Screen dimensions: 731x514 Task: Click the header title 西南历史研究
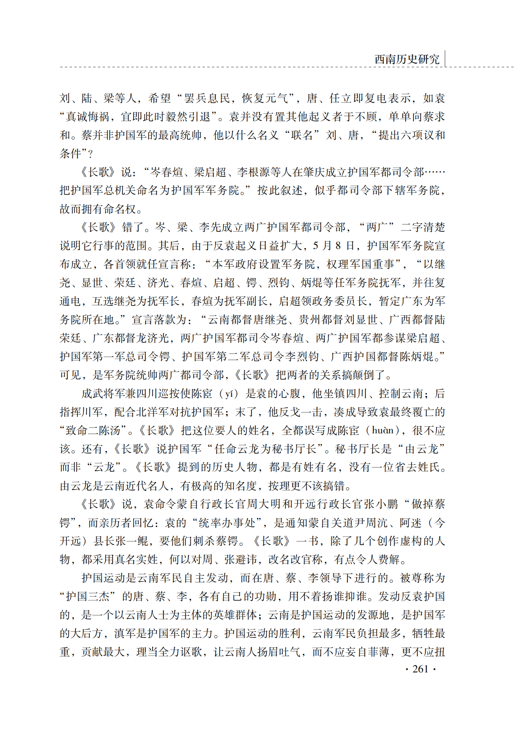(x=407, y=59)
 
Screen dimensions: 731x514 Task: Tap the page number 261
(x=420, y=669)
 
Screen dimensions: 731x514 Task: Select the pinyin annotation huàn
(x=381, y=431)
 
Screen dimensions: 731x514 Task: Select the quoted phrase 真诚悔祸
(x=87, y=116)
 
